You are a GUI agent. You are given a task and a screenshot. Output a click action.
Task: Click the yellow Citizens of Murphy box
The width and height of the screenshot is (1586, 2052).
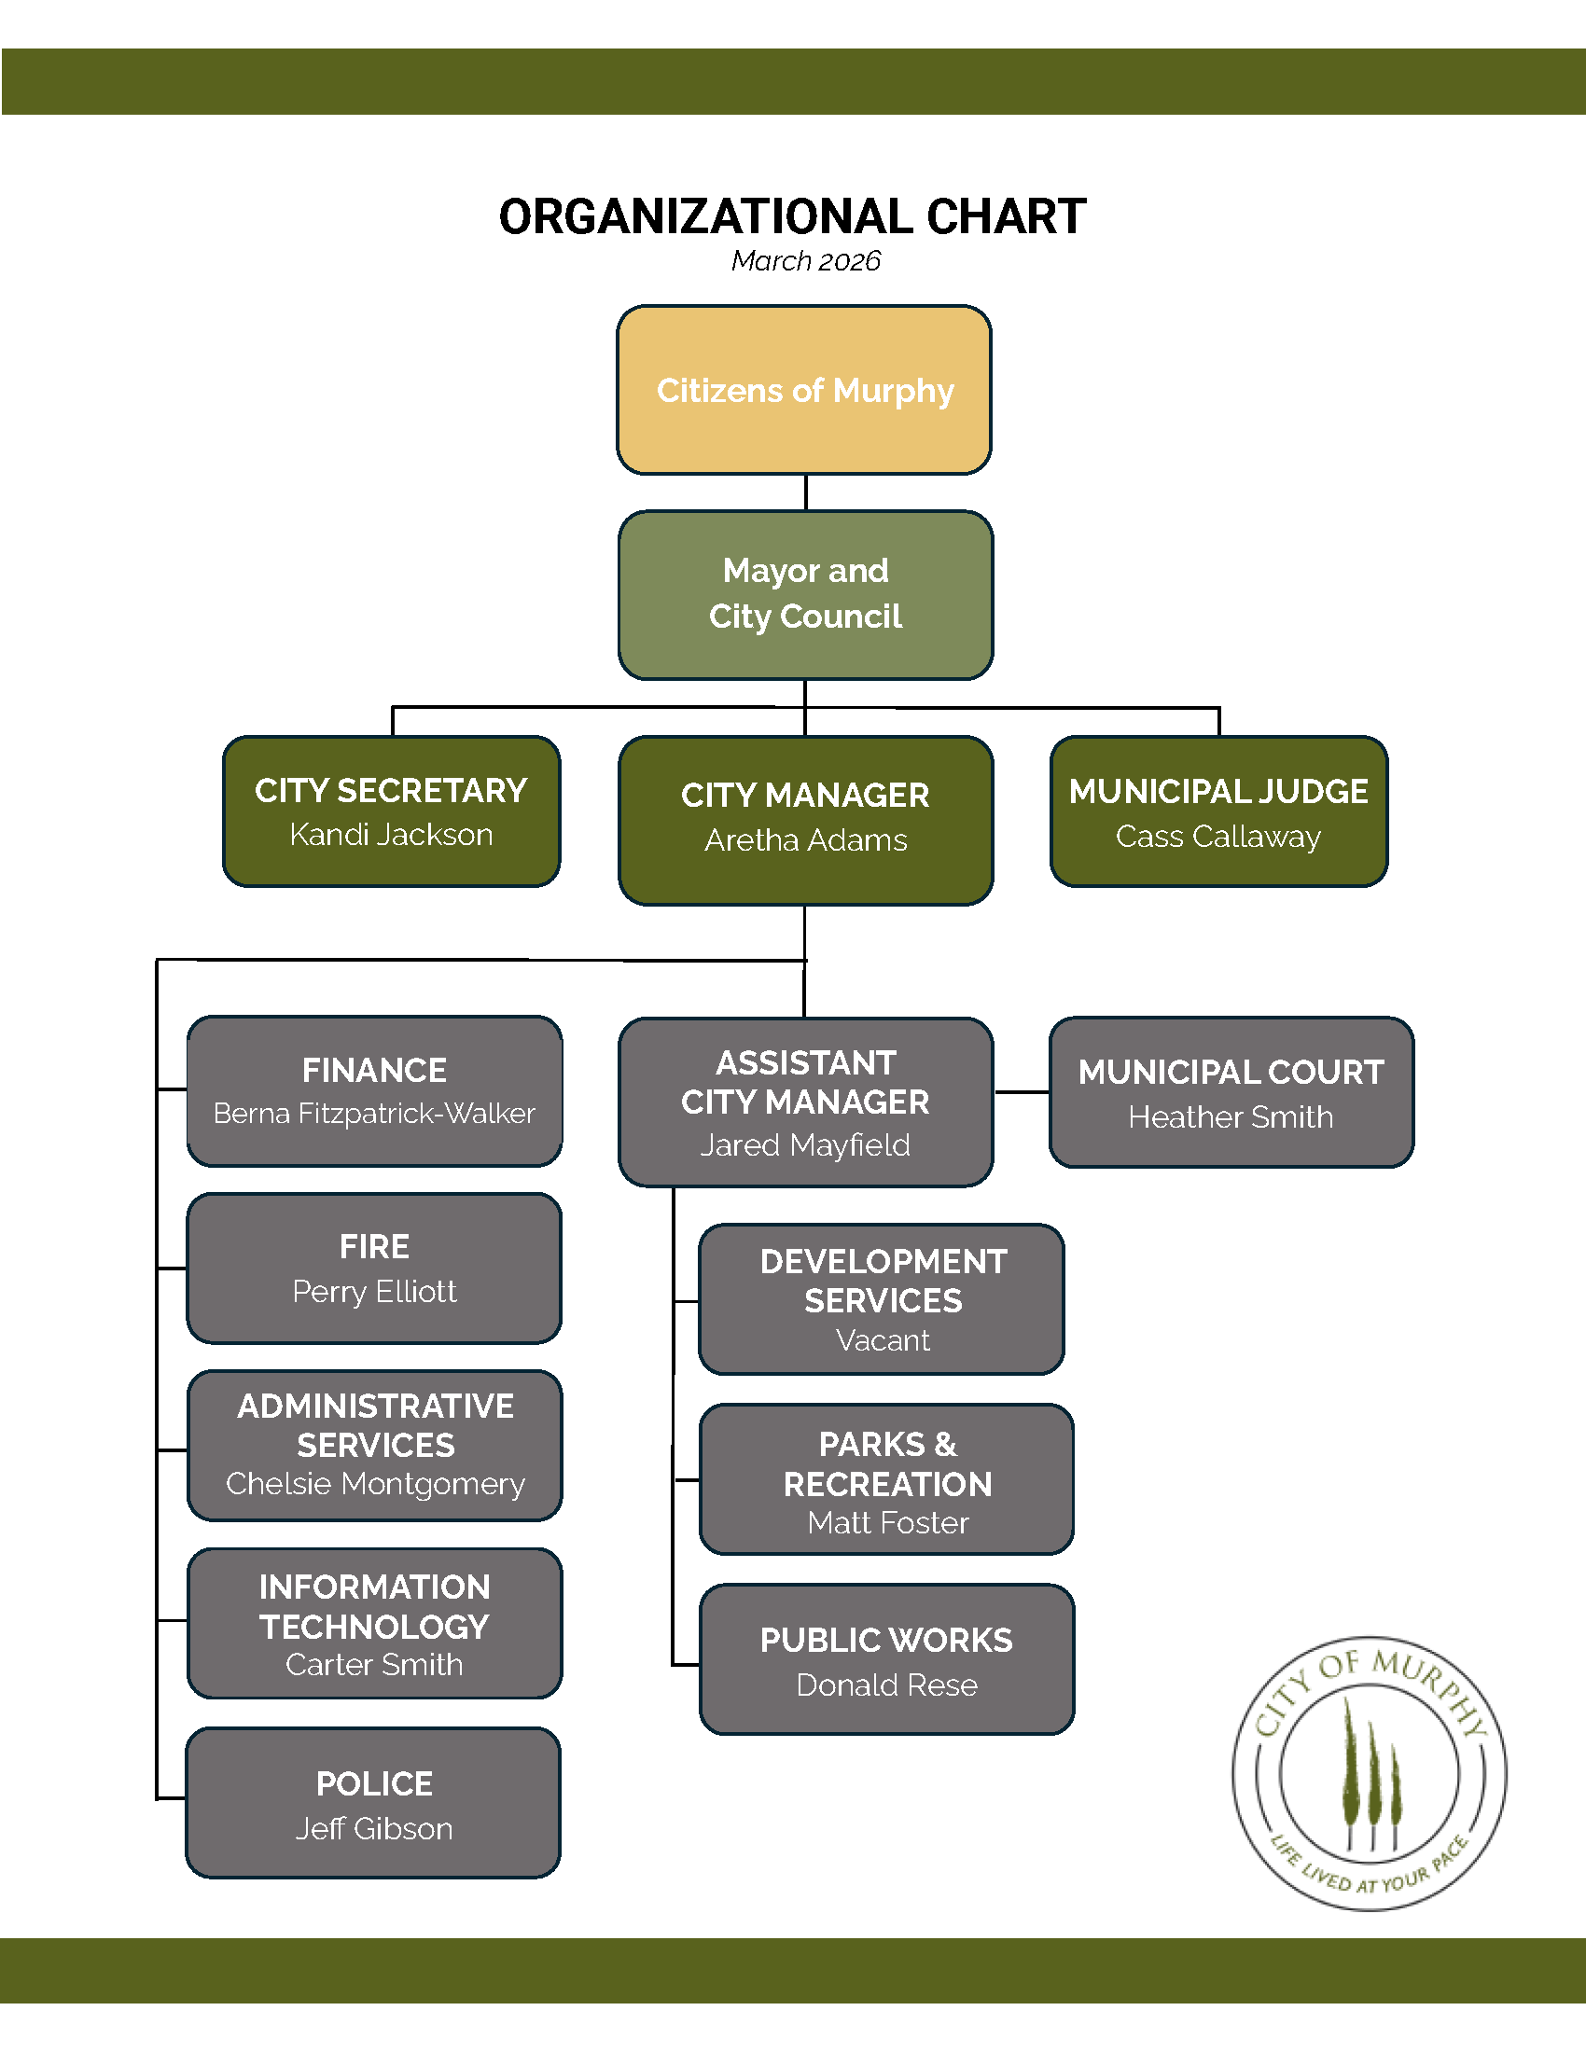point(804,390)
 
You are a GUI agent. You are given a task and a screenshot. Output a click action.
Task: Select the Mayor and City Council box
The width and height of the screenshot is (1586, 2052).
point(805,594)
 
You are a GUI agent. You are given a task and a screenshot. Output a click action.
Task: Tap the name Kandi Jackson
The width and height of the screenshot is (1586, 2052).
point(391,835)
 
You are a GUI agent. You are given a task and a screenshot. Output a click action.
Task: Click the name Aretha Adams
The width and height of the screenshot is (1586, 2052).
point(805,840)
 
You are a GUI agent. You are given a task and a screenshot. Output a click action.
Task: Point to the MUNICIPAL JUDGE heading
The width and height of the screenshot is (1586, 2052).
point(1218,791)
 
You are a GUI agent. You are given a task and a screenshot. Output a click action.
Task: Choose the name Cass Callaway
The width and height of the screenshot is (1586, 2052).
point(1218,837)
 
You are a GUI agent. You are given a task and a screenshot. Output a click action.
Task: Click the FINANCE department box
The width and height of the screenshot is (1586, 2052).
point(374,1089)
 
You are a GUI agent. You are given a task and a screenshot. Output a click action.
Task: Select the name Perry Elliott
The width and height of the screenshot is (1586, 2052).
point(374,1292)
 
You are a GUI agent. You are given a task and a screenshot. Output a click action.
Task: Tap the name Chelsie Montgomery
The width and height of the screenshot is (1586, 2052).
point(375,1484)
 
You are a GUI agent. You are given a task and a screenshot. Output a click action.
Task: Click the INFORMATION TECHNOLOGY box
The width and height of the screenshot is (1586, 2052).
point(374,1623)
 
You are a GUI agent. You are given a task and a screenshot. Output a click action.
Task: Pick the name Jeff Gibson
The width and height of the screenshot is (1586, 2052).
point(374,1828)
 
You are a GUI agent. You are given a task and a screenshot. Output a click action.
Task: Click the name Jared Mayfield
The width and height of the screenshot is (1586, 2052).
point(805,1145)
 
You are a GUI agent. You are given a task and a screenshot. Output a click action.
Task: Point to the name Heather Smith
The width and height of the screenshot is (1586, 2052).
point(1231,1117)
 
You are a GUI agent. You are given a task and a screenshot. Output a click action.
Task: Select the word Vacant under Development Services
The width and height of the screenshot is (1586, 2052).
point(883,1340)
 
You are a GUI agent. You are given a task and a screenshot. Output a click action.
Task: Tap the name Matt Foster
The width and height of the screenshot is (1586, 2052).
point(887,1523)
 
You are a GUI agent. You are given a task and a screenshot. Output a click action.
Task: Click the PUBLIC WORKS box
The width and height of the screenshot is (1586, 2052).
point(886,1659)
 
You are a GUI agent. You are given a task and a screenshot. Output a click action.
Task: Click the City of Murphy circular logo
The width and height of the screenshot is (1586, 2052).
point(1369,1774)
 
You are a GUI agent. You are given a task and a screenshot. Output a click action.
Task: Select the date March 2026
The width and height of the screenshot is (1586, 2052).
point(805,261)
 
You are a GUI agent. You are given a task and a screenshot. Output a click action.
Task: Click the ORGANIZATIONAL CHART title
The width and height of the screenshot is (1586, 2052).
point(792,217)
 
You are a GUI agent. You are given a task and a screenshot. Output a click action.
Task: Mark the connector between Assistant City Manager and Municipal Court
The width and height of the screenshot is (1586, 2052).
point(1022,1093)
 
